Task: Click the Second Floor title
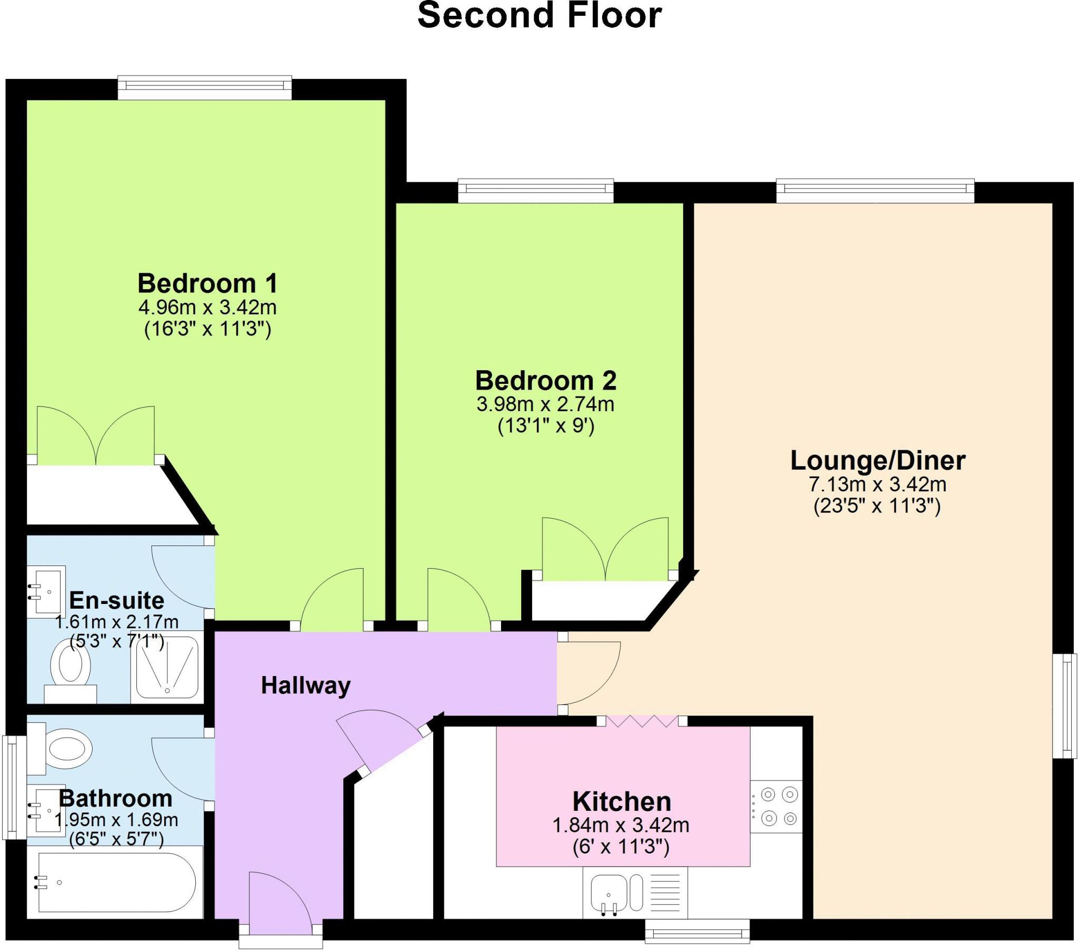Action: (539, 16)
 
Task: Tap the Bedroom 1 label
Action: (207, 283)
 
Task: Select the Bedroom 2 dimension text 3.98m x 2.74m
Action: (545, 404)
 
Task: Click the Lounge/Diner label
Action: (877, 460)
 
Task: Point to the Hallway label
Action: (305, 686)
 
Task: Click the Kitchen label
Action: (622, 801)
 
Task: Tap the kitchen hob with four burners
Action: (777, 806)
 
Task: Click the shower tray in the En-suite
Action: (167, 668)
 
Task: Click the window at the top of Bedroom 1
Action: (205, 87)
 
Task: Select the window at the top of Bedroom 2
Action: (536, 191)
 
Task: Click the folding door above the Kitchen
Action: (641, 721)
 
